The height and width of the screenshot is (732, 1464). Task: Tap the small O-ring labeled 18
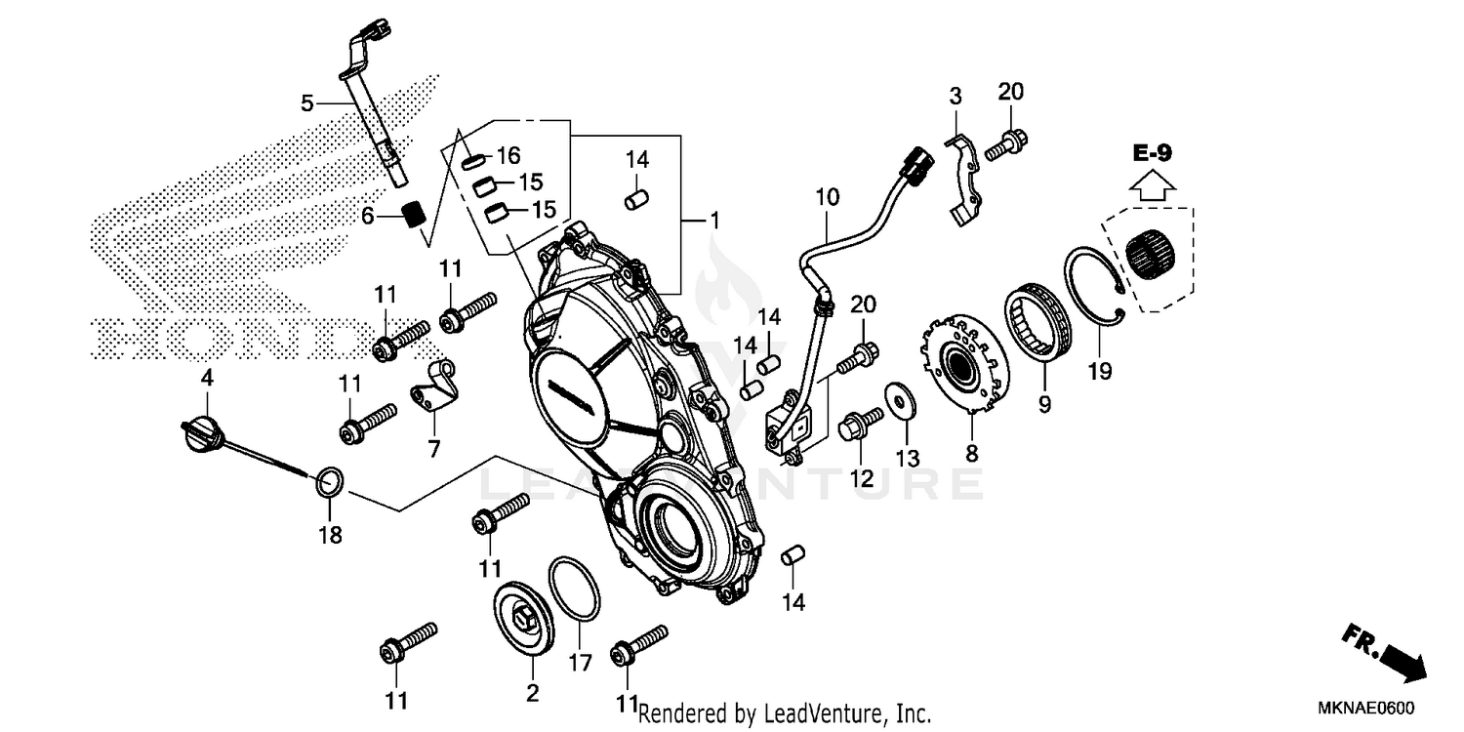[329, 481]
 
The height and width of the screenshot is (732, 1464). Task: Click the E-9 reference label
[1153, 152]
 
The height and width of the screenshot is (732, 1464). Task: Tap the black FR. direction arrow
[1386, 651]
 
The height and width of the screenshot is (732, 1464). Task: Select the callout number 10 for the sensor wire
[827, 197]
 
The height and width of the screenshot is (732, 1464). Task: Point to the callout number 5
[307, 102]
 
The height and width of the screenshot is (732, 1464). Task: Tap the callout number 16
[508, 155]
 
